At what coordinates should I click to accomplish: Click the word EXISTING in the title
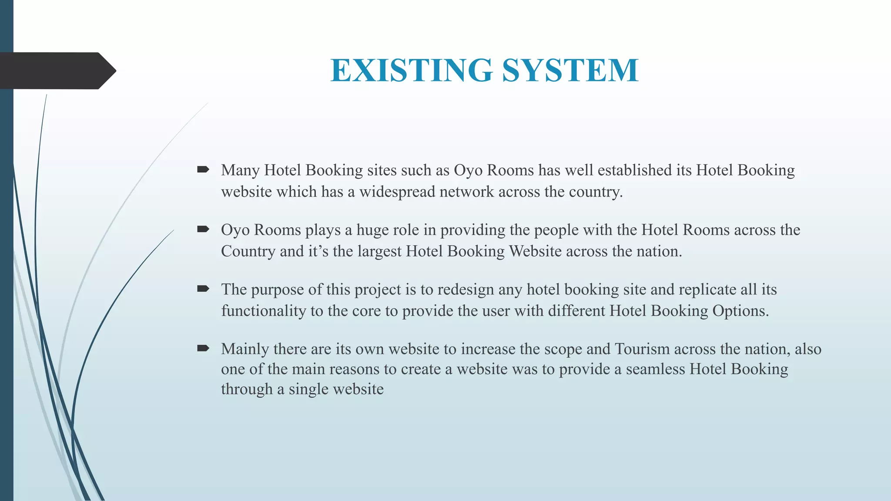point(411,70)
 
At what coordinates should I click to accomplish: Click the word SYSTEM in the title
point(570,70)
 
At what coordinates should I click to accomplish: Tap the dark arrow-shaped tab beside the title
point(57,71)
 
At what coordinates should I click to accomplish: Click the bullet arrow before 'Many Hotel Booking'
point(203,170)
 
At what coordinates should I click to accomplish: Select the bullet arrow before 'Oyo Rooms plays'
point(203,229)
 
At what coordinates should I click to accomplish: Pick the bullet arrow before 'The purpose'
point(203,289)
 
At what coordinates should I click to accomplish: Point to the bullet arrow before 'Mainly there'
point(203,348)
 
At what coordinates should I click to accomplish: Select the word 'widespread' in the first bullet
point(397,192)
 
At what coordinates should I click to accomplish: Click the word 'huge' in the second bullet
point(372,230)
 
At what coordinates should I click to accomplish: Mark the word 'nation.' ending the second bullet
point(659,251)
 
